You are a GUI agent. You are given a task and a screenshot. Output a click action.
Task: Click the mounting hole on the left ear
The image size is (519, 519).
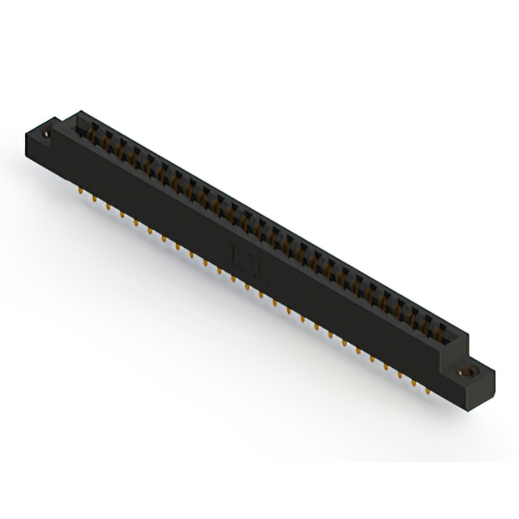pyautogui.click(x=48, y=127)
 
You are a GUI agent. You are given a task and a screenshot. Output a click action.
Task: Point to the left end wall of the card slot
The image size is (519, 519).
pyautogui.click(x=78, y=122)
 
